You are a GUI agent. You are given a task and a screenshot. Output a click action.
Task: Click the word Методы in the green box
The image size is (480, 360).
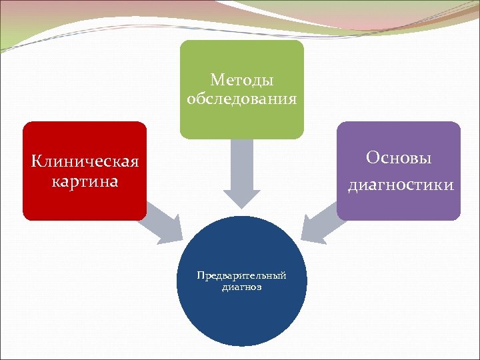pos(241,80)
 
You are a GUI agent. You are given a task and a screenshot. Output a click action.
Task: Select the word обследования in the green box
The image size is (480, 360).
pos(241,99)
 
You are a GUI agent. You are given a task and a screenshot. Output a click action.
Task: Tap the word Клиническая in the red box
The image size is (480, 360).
pos(85,161)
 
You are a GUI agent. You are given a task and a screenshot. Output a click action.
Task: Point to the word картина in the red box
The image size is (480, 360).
pos(85,181)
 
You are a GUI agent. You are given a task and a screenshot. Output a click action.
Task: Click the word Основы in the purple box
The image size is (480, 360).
pos(399,158)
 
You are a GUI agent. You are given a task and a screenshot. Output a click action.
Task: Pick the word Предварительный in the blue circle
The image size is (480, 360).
pos(241,275)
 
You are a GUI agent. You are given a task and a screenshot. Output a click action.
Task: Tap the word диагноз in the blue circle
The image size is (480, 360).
pos(241,288)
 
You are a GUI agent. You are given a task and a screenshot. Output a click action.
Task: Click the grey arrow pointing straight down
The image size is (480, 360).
pos(241,170)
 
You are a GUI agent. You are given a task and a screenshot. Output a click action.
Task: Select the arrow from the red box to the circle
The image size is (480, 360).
pos(163,223)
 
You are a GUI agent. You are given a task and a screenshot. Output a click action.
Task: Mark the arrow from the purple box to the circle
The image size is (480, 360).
pos(320,223)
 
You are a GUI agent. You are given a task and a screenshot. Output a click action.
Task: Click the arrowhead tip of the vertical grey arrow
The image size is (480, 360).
pos(241,206)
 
